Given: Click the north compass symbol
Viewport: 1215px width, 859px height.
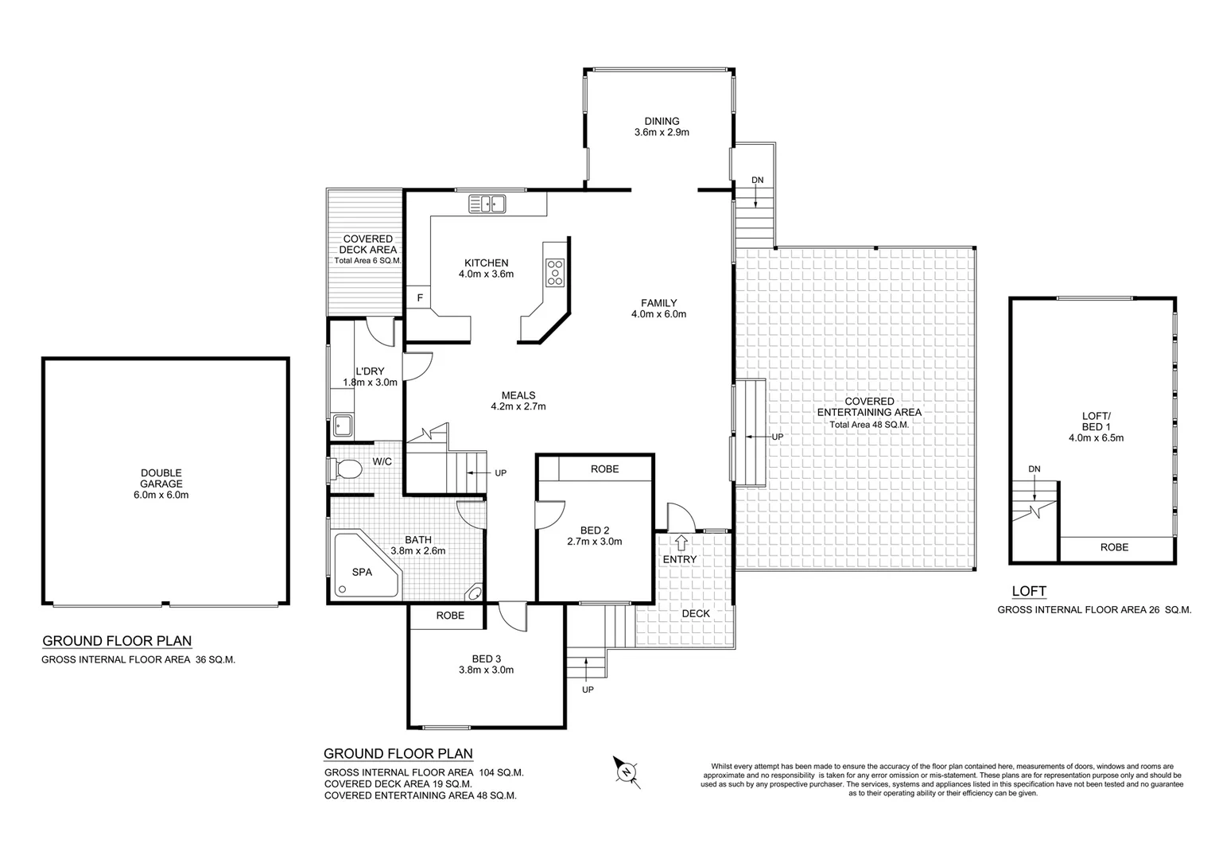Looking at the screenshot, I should point(627,771).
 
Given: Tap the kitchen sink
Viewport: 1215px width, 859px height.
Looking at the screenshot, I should point(487,204).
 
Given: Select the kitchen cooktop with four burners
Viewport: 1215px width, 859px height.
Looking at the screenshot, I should point(554,272).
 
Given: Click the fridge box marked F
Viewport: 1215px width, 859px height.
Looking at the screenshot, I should point(418,298).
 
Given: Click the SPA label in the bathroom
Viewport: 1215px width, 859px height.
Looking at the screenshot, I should point(362,571).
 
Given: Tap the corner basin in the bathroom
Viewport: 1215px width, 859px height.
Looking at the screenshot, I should point(474,592).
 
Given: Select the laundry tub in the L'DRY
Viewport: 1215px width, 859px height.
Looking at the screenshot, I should point(343,426).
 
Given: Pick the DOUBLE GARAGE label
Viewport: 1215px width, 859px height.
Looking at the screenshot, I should point(161,478).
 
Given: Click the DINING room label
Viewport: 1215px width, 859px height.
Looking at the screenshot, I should point(662,122).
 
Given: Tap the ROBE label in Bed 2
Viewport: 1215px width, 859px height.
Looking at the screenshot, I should point(604,469).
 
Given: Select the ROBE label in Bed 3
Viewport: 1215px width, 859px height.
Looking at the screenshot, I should point(450,616).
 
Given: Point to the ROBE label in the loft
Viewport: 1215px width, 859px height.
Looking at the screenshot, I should point(1113,547).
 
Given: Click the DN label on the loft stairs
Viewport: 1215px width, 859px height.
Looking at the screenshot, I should point(1034,469).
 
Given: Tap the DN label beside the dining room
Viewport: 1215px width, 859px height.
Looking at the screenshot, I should point(757,181).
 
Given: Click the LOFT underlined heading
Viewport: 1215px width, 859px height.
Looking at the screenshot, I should point(1028,591).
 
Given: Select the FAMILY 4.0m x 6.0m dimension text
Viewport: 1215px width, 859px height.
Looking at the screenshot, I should point(658,314).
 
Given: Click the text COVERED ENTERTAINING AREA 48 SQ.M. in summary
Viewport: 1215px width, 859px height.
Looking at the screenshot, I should point(420,795).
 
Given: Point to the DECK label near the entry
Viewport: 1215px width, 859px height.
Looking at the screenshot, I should point(696,613).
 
